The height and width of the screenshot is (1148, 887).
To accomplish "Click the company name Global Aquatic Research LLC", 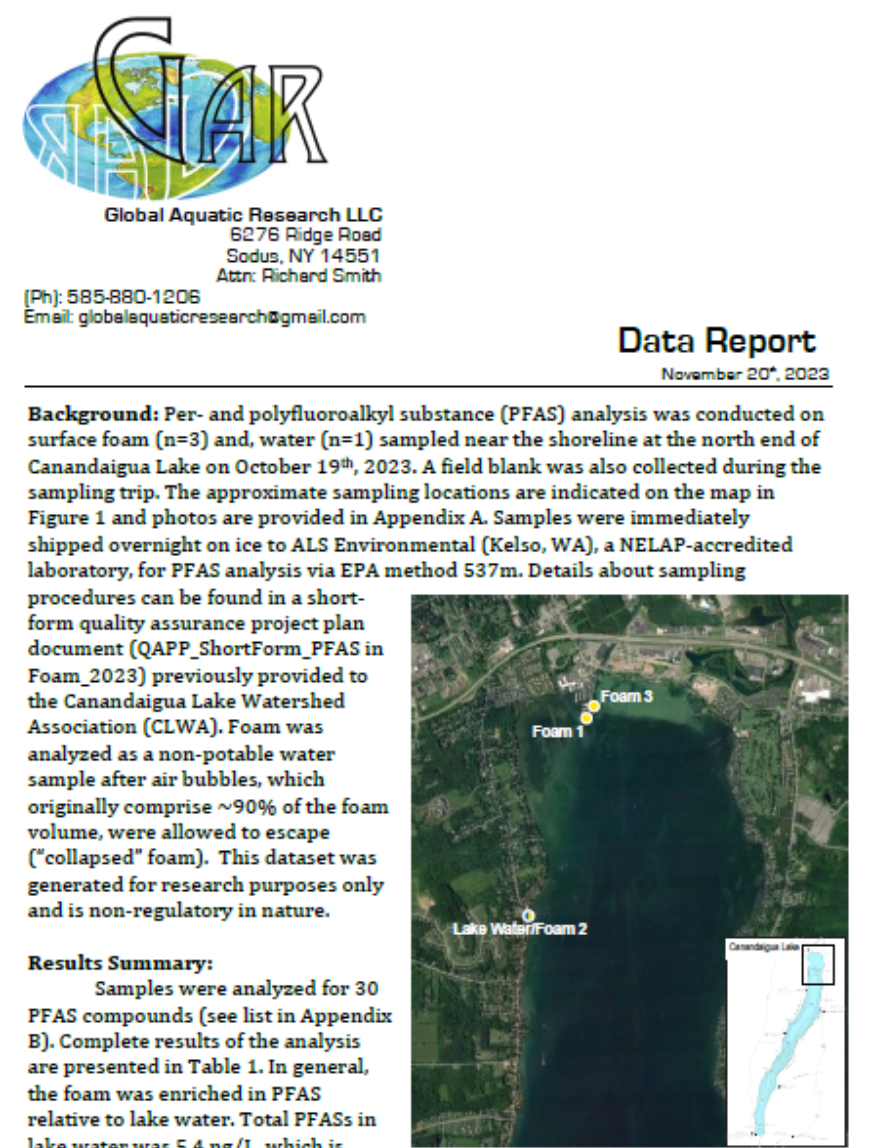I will point(243,215).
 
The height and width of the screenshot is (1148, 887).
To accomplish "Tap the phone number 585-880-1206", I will point(133,297).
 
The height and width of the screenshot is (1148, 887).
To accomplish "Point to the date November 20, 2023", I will point(745,374).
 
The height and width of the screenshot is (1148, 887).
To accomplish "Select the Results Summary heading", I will point(120,964).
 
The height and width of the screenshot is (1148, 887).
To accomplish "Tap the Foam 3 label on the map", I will point(626,697).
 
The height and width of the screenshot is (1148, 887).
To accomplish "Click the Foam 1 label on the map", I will point(557,731).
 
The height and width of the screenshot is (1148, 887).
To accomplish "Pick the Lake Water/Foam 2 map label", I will point(520,929).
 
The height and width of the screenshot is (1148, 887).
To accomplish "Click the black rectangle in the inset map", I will point(818,965).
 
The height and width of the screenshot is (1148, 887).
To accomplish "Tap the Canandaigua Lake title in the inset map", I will point(763,947).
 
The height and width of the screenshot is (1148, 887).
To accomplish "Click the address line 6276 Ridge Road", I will point(305,235).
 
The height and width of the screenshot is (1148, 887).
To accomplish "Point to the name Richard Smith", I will point(321,276).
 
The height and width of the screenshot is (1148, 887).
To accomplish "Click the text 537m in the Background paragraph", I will point(491,571).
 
